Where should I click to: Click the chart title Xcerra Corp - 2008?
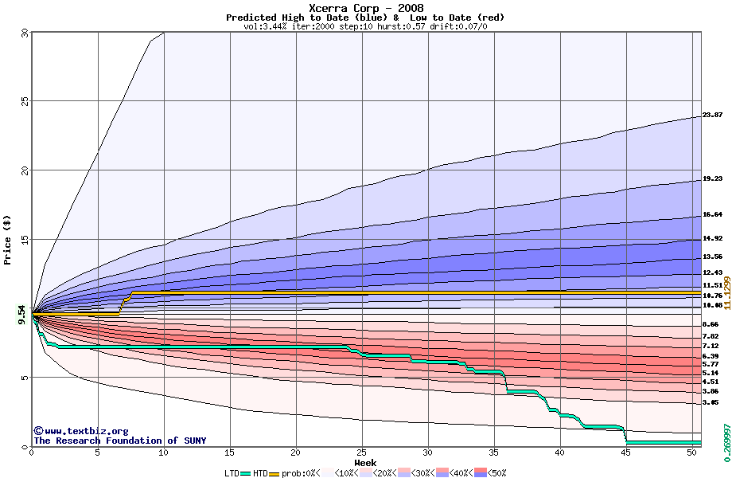point(365,8)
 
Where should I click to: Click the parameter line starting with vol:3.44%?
point(365,26)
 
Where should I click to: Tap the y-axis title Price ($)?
point(8,239)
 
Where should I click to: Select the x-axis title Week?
point(365,462)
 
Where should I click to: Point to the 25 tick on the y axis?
point(25,101)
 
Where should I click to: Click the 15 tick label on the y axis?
point(25,240)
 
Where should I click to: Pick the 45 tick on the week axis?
point(627,453)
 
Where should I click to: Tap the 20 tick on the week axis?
point(296,453)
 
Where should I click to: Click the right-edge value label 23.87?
point(712,116)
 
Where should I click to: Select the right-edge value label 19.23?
point(712,179)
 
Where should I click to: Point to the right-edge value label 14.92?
point(712,238)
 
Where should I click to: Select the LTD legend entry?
point(239,472)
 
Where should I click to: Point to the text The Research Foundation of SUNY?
point(119,441)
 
